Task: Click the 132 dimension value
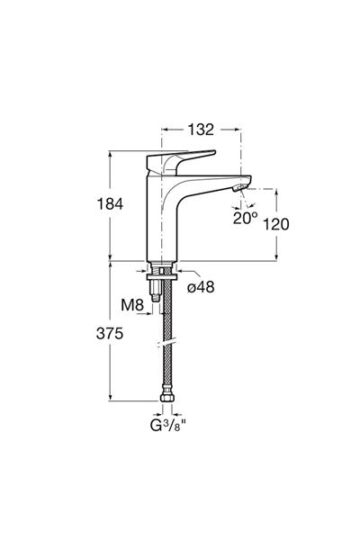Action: [201, 130]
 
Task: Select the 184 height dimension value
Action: [110, 204]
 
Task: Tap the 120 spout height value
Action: [276, 224]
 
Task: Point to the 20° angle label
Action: [245, 218]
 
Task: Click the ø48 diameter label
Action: [201, 286]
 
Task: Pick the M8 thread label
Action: [132, 305]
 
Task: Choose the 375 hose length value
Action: [110, 333]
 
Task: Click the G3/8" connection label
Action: [168, 426]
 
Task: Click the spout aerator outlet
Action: [239, 188]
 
